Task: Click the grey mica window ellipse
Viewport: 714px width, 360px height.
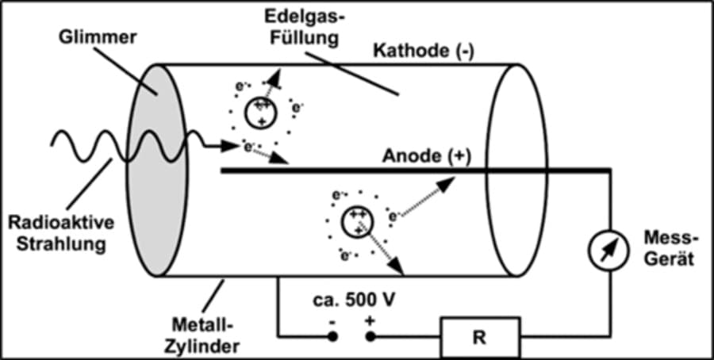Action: coord(159,170)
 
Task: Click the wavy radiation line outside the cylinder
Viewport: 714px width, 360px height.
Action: coord(87,144)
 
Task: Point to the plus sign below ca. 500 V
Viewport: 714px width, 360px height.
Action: coord(370,320)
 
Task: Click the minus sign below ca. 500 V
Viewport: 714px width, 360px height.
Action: coord(332,320)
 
